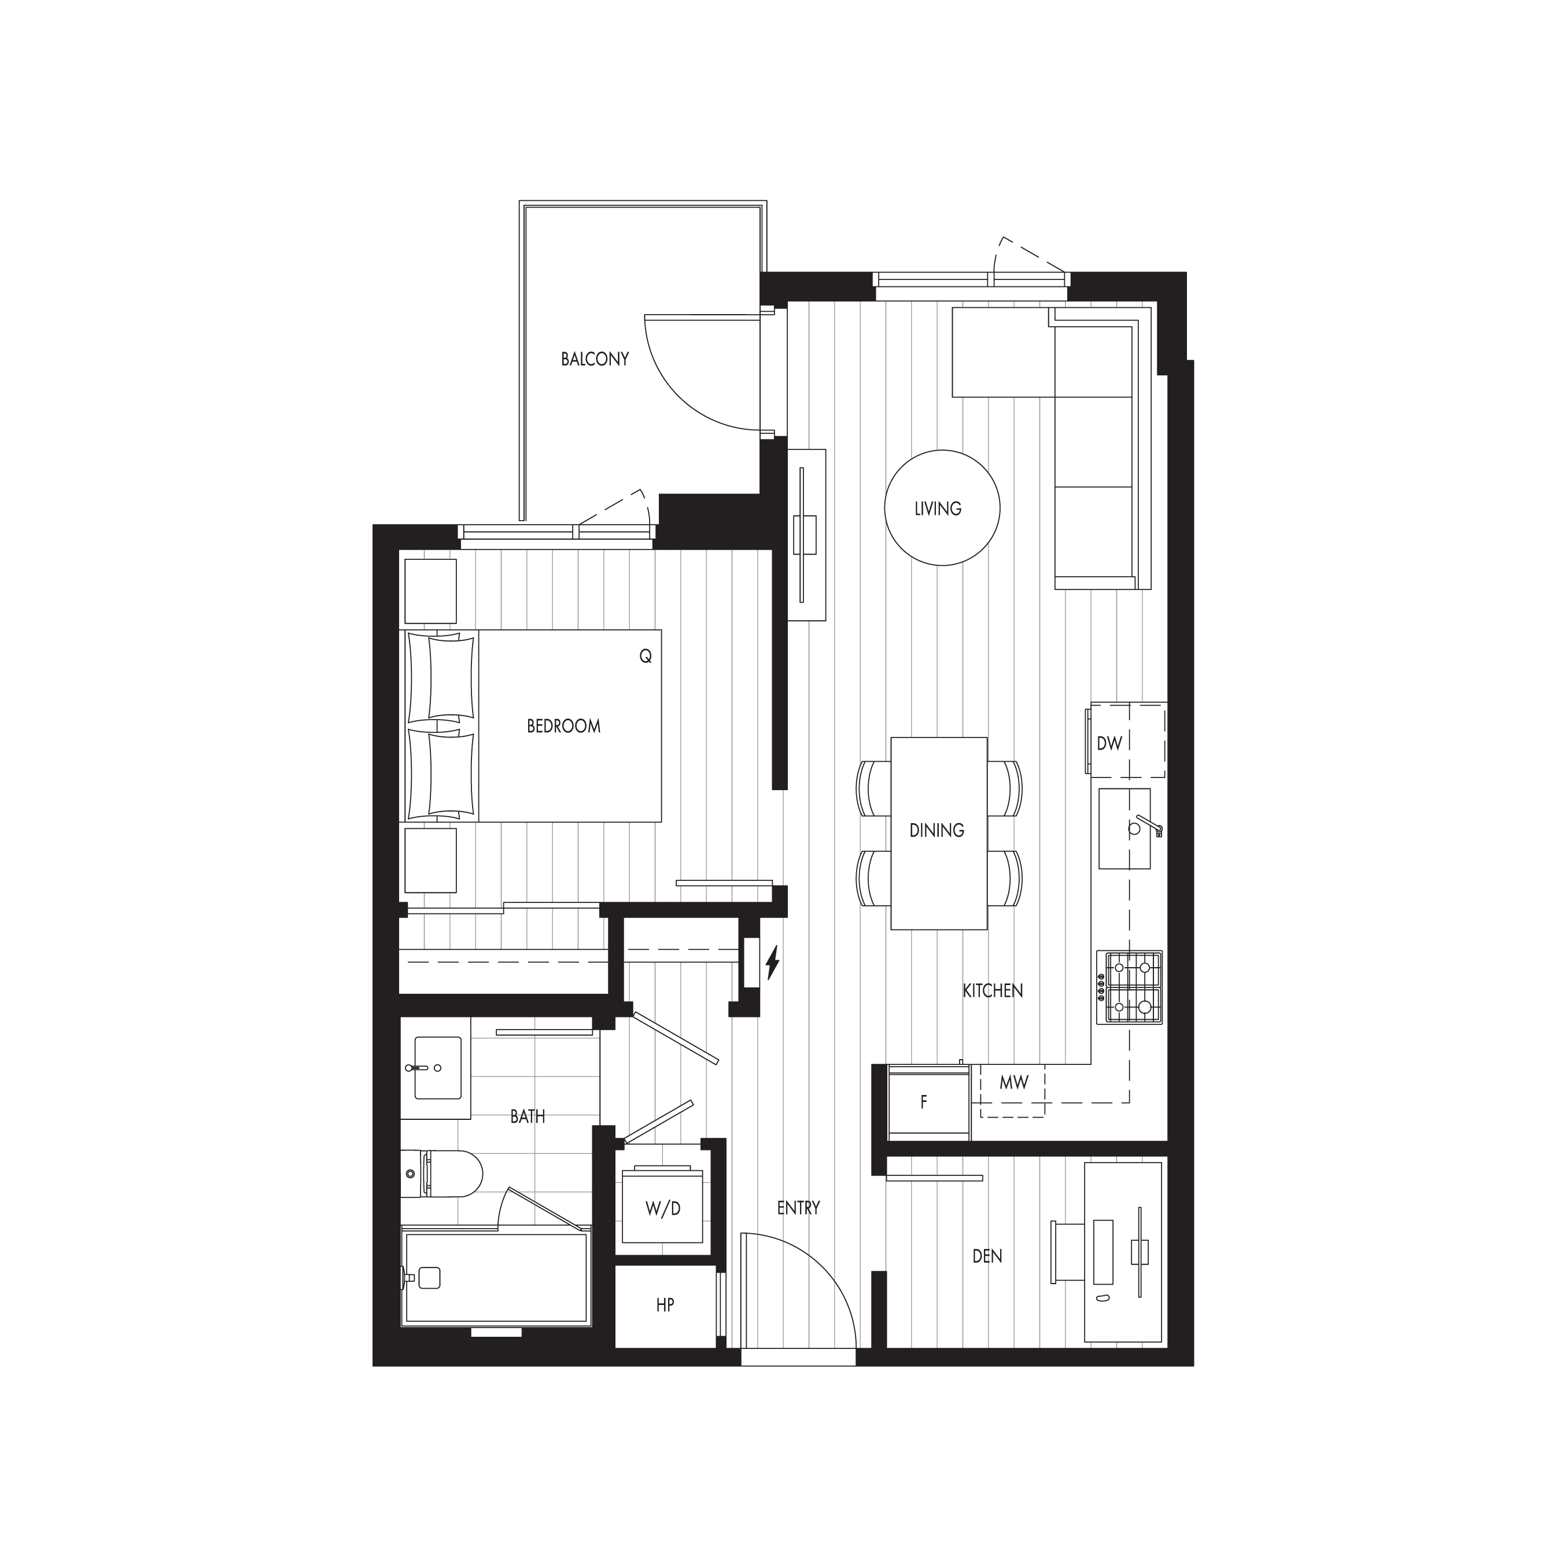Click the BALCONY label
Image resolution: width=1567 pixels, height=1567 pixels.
click(595, 359)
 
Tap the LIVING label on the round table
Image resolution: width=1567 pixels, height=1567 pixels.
click(938, 508)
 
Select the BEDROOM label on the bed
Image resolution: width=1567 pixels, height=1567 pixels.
click(564, 726)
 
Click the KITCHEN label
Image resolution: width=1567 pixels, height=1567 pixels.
click(992, 990)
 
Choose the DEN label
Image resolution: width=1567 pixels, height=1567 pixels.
click(987, 1256)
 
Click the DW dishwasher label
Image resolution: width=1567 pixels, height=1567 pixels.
click(1109, 744)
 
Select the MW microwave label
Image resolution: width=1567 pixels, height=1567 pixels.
click(1013, 1082)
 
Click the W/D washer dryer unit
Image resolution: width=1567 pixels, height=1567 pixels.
click(663, 1208)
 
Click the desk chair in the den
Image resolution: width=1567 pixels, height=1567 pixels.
click(1067, 1251)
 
